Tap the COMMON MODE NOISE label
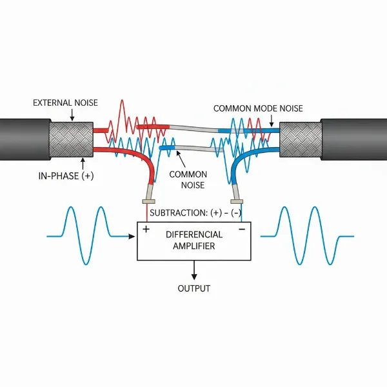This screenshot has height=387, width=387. tap(258, 109)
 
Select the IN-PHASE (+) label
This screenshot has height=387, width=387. tap(62, 175)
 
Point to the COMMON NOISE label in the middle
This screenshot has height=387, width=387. tap(188, 180)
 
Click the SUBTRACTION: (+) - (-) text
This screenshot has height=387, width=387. tap(193, 212)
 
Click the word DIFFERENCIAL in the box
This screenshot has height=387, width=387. tap(193, 234)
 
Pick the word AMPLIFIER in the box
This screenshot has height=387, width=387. tap(193, 246)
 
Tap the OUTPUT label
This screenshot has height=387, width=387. tap(193, 288)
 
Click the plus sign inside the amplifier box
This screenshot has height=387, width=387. tap(146, 229)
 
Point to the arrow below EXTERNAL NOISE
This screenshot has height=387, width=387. tap(73, 115)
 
